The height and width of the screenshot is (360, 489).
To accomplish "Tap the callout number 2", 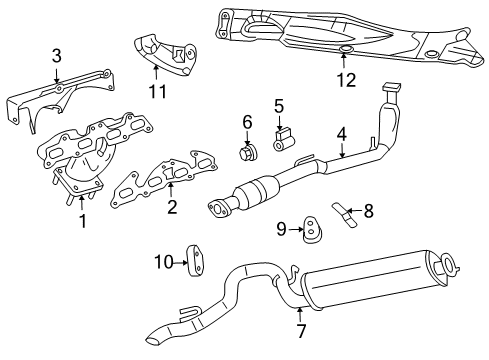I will click(172, 208).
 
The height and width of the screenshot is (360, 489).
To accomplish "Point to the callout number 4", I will click(341, 132).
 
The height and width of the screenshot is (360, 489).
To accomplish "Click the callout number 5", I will click(279, 105).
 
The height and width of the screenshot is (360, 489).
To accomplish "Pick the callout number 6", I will click(246, 123).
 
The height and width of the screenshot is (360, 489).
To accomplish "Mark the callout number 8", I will click(368, 211).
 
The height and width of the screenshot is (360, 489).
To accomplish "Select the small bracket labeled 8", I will click(346, 211).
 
